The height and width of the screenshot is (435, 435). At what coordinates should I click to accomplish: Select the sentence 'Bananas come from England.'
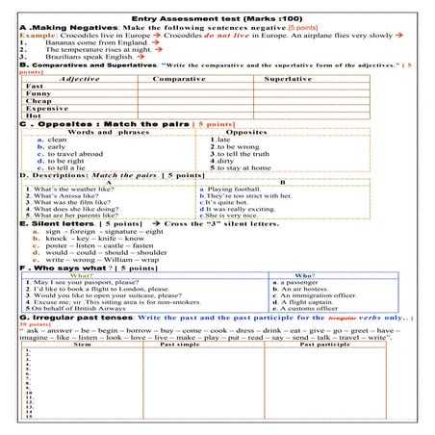(83, 44)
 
